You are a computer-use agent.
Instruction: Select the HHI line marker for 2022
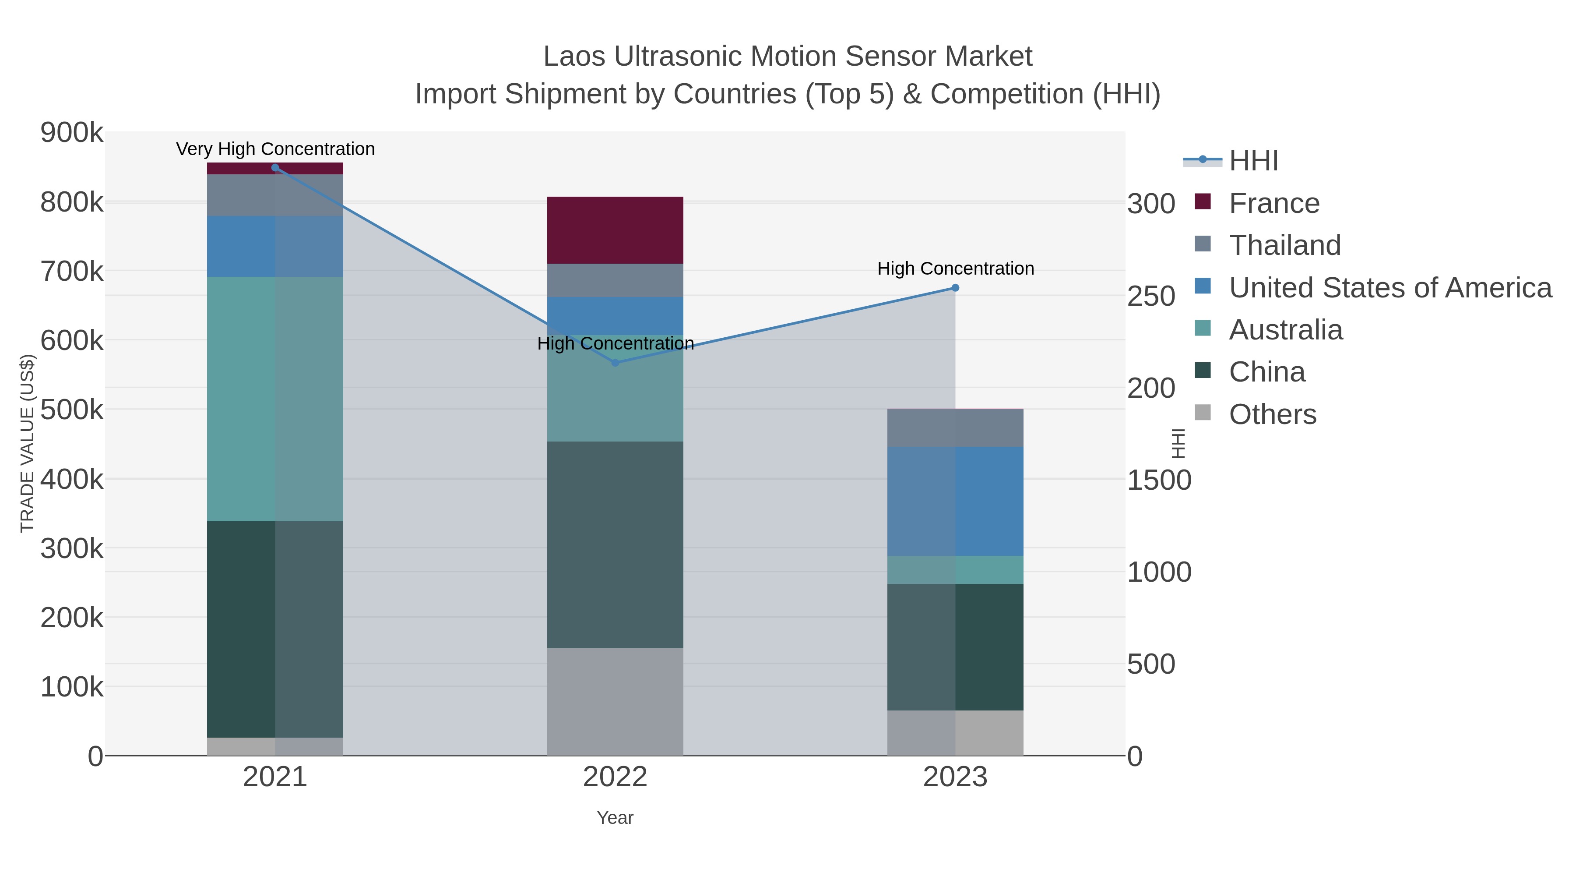[x=616, y=363]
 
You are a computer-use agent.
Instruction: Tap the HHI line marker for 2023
[x=955, y=288]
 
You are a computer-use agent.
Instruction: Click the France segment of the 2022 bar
[x=615, y=230]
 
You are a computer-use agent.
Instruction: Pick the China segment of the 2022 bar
[x=615, y=545]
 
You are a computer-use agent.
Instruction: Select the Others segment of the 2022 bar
[x=615, y=702]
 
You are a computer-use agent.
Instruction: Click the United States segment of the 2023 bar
[x=955, y=502]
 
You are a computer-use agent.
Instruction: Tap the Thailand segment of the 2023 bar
[x=955, y=428]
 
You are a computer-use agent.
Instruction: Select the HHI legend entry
[x=1253, y=161]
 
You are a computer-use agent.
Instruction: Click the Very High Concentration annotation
[x=275, y=149]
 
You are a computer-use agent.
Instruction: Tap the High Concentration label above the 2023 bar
[x=956, y=269]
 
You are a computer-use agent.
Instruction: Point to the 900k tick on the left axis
[x=72, y=133]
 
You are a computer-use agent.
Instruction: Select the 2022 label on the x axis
[x=615, y=777]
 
